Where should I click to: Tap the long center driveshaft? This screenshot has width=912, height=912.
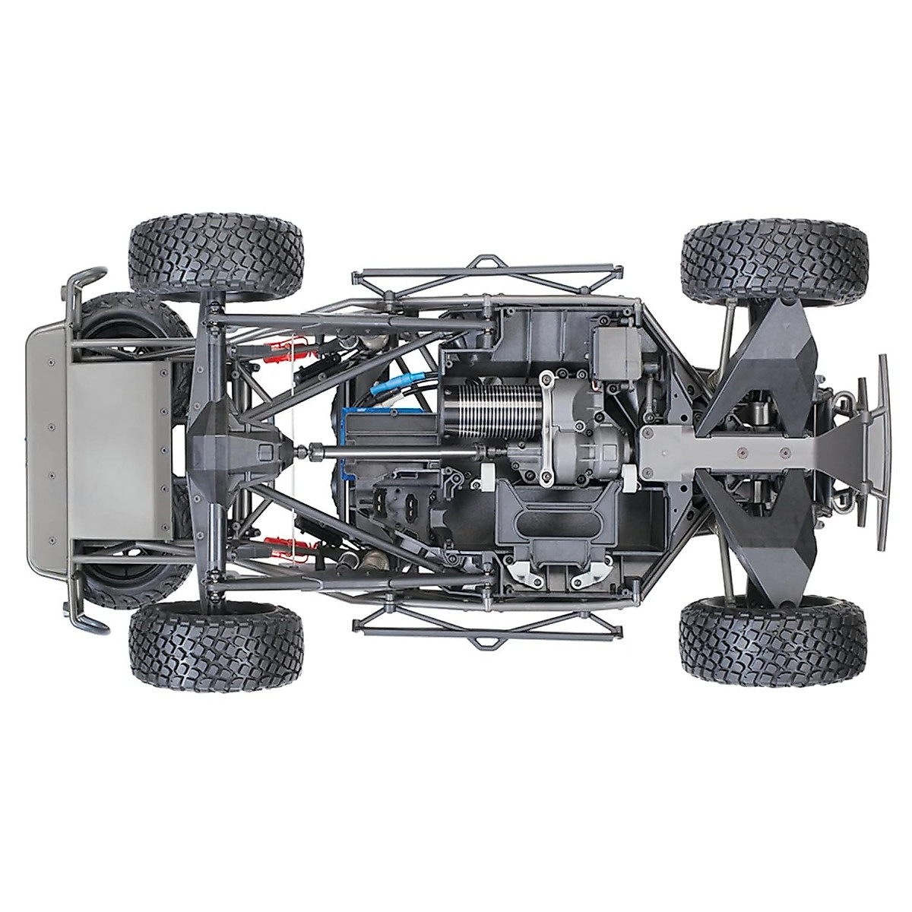point(395,453)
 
